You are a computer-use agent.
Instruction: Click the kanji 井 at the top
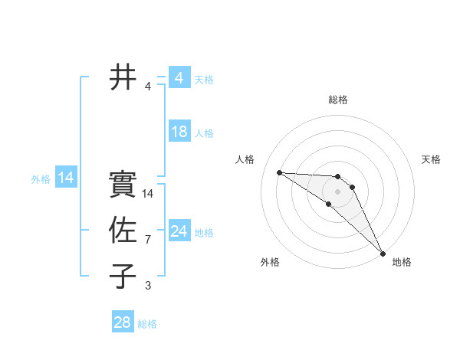[123, 77]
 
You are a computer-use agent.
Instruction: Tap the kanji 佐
[123, 231]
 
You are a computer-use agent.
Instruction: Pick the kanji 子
[123, 277]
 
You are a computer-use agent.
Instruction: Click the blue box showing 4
[179, 78]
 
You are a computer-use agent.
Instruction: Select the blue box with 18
[179, 132]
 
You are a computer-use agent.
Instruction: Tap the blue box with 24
[179, 231]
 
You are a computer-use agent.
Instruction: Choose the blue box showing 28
[122, 322]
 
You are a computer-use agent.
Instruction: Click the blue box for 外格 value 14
[65, 178]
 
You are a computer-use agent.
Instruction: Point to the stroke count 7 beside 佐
[148, 240]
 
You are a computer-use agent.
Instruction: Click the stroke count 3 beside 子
[148, 286]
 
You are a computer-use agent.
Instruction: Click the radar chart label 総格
[338, 100]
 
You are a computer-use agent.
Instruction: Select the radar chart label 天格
[431, 159]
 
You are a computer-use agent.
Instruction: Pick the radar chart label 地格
[402, 262]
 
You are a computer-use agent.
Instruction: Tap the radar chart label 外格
[270, 262]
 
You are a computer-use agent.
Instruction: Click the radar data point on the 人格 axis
[279, 172]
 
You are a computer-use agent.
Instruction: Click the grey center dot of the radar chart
[338, 191]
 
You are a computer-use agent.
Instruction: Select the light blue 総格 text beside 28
[147, 324]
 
